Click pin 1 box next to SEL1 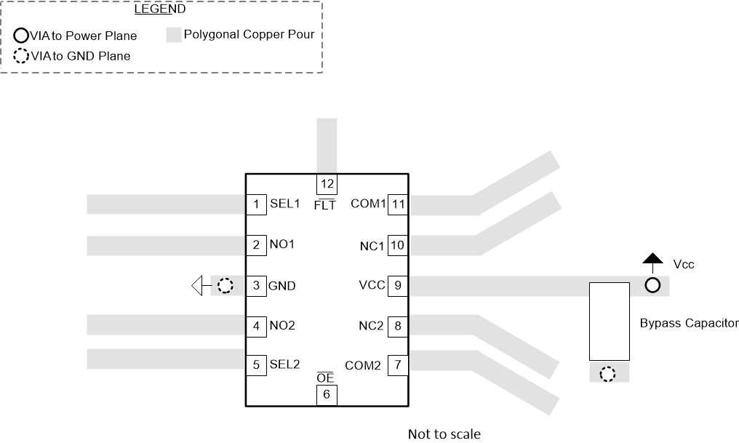tap(256, 204)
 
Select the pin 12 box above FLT tap(326, 185)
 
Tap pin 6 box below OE tap(326, 394)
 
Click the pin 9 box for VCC tap(398, 285)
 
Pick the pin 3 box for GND tap(256, 285)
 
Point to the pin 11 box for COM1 tap(398, 204)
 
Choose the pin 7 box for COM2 tap(398, 364)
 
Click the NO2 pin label tap(283, 326)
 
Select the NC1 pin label tap(371, 245)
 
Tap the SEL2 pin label tap(284, 364)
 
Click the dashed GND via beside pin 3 tap(226, 286)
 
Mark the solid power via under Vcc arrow tap(652, 286)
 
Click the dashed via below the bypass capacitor tap(607, 375)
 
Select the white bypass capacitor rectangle tap(609, 321)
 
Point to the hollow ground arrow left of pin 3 tap(198, 286)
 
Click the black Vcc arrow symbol tap(652, 258)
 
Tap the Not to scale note tap(444, 434)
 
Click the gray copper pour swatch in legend tap(173, 35)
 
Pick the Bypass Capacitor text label tap(689, 323)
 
